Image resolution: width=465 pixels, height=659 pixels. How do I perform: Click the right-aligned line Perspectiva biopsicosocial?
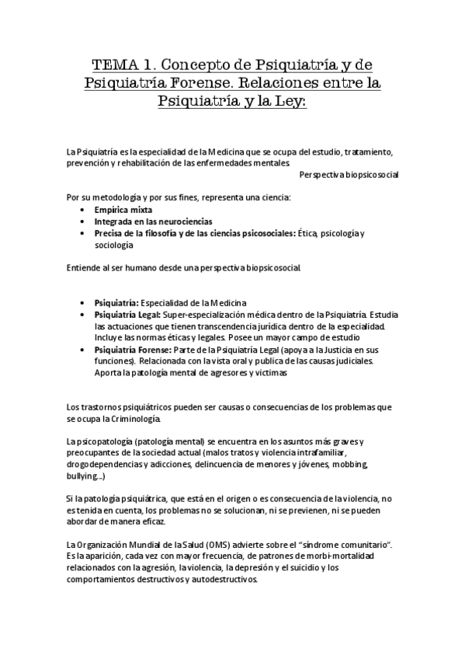coord(349,175)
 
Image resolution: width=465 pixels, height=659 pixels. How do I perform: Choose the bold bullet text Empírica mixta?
coord(123,210)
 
